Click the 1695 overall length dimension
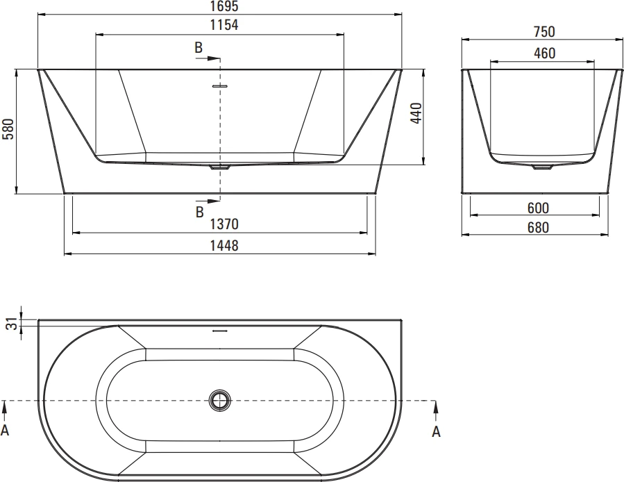click(224, 6)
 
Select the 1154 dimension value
click(224, 25)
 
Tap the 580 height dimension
click(8, 128)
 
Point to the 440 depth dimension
click(416, 113)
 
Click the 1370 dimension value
click(224, 224)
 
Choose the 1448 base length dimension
click(224, 246)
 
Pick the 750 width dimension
click(543, 31)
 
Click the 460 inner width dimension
click(544, 53)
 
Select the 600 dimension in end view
click(538, 208)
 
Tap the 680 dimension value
click(538, 227)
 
